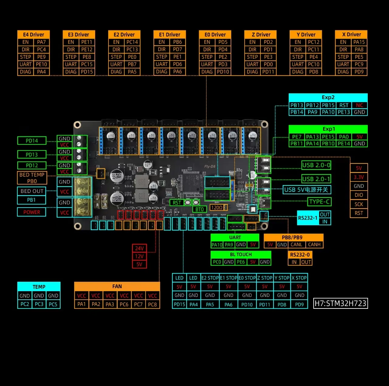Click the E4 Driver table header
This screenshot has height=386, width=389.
pos(33,34)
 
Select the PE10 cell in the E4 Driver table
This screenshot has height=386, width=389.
pos(41,64)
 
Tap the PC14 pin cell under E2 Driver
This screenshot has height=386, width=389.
pos(132,42)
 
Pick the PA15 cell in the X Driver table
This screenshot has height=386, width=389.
pos(359,42)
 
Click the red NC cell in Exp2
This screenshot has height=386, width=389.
pos(360,105)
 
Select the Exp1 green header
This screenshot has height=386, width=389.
pos(328,129)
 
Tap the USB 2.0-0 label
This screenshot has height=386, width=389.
pos(316,165)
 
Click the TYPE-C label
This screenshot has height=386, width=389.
pos(319,202)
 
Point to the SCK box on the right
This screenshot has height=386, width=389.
pos(359,204)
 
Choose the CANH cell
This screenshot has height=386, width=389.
pos(314,244)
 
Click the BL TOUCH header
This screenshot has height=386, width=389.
pos(241,254)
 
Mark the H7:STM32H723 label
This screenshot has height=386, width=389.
pos(340,303)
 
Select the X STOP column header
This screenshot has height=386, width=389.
pos(299,278)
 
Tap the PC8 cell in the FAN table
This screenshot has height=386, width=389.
pos(152,304)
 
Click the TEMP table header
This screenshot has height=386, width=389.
pos(39,287)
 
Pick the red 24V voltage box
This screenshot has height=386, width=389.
pos(139,248)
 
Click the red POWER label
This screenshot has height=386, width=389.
pos(32,212)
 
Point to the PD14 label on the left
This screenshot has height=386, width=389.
pos(32,140)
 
